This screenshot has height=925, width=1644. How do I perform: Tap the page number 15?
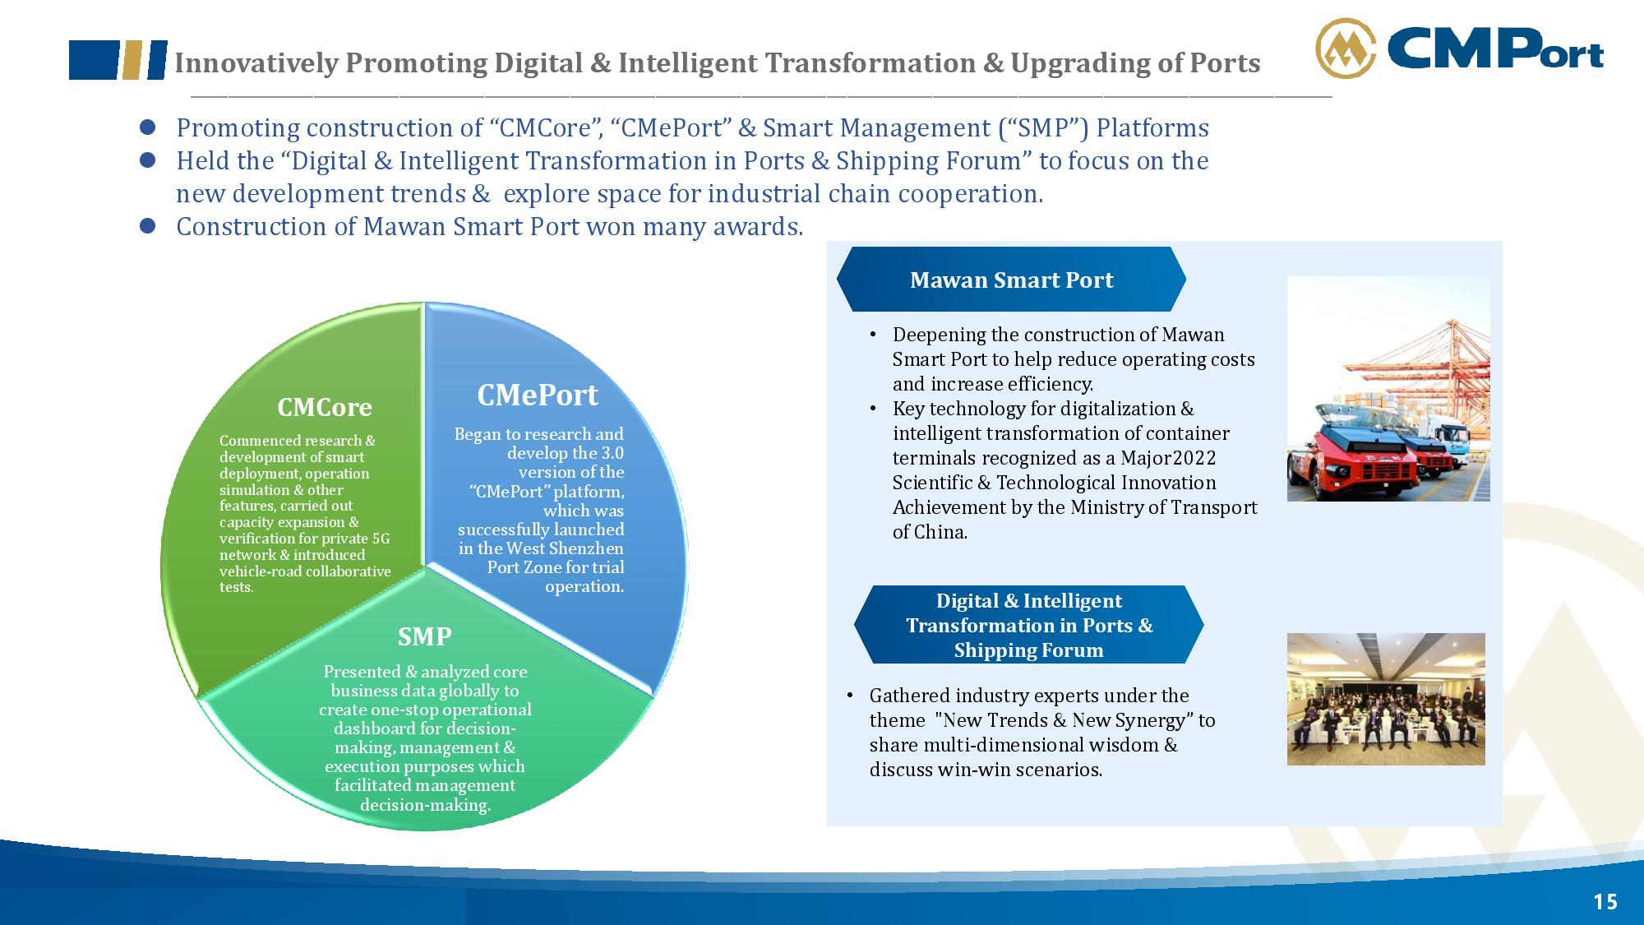[1605, 902]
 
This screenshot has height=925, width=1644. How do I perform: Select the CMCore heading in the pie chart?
[325, 407]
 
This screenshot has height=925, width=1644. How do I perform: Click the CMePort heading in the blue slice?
[538, 395]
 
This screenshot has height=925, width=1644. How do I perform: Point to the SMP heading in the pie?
[425, 636]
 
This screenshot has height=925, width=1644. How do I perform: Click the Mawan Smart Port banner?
[1011, 280]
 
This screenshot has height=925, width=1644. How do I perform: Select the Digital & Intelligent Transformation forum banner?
[1029, 625]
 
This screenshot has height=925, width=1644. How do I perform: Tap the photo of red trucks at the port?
[1388, 389]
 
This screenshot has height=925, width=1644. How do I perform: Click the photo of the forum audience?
[1386, 699]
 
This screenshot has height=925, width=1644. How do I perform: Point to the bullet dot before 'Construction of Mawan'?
[148, 226]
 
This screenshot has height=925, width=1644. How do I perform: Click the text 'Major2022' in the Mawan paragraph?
[1168, 458]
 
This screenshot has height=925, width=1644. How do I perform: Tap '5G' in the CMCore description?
[381, 539]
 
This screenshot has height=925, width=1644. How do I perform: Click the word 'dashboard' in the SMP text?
[372, 728]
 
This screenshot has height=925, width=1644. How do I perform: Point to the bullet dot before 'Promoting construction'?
[148, 127]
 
